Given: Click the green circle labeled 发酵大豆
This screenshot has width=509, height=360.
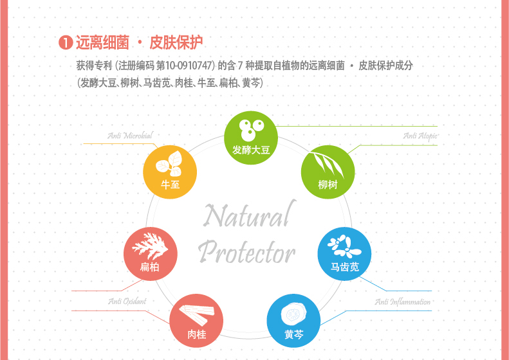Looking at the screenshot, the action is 251,138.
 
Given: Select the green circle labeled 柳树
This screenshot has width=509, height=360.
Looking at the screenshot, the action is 328,172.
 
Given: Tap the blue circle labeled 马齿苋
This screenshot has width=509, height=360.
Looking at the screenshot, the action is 344,254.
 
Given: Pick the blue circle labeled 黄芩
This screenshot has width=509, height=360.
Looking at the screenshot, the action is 293,321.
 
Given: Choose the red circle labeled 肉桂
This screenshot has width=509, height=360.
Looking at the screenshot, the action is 196,321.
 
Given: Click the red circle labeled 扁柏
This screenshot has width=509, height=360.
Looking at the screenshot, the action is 151,254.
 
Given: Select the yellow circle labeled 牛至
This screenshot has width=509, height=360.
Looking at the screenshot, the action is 170,172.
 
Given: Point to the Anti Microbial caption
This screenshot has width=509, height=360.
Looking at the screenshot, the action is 130,136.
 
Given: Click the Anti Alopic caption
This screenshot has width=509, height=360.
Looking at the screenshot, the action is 420,136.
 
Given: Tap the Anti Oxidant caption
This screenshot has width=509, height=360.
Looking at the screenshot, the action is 127,301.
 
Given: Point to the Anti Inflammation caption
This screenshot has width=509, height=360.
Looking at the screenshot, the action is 403,302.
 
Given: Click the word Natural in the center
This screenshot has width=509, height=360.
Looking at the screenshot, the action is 249,214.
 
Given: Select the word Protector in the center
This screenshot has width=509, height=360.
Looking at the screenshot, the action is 246,252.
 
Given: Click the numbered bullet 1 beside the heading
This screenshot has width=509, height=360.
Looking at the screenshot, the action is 66,43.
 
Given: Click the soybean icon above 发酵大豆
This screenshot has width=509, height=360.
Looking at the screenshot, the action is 251,130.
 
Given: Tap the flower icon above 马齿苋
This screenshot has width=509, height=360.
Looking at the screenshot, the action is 344,246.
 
